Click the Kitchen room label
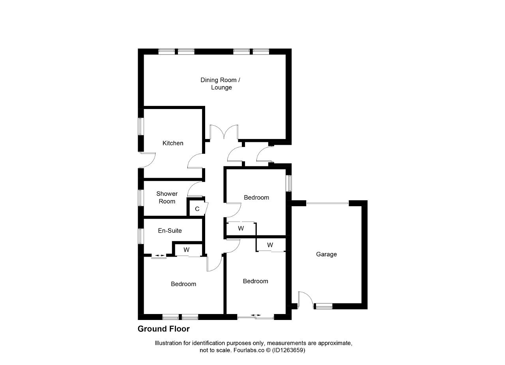click(x=173, y=143)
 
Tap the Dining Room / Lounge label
click(x=221, y=84)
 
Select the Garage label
click(x=326, y=254)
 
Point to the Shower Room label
click(x=167, y=198)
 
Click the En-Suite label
click(x=170, y=230)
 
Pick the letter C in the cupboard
click(x=197, y=209)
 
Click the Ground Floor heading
click(x=164, y=329)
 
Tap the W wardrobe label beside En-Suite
click(x=187, y=250)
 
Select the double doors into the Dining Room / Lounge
click(x=224, y=132)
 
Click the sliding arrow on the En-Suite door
click(x=160, y=256)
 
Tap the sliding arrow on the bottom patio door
click(x=256, y=315)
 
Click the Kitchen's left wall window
click(x=141, y=126)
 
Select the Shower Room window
click(x=141, y=198)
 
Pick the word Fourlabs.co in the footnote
click(x=249, y=350)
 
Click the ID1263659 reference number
click(x=288, y=350)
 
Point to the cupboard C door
click(x=206, y=208)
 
